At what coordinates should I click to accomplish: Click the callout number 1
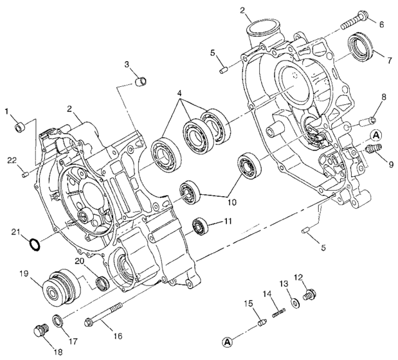[7, 111]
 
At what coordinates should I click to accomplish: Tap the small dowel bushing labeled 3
[143, 82]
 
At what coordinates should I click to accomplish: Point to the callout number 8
[383, 98]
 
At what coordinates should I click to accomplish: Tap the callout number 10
[231, 202]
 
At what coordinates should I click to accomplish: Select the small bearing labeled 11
[203, 226]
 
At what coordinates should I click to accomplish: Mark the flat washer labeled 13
[293, 302]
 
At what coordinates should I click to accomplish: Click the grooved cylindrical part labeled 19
[59, 285]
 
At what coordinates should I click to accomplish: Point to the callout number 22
[12, 159]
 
